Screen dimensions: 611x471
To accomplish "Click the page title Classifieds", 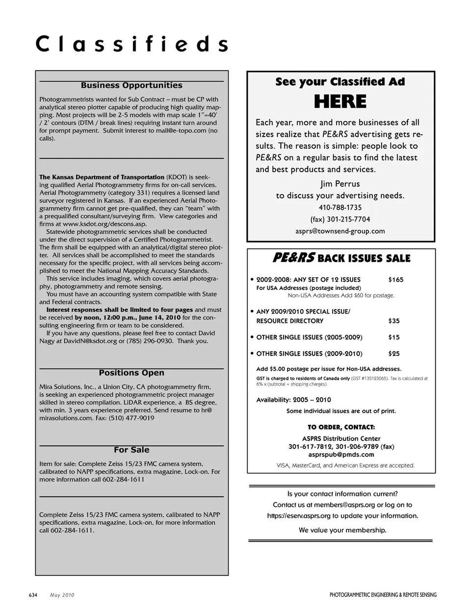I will click(131, 44).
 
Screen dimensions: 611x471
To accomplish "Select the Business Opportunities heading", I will click(131, 85).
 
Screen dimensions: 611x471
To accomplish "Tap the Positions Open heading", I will click(131, 373).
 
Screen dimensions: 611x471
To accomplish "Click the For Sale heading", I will click(131, 450).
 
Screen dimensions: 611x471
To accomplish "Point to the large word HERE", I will click(340, 102).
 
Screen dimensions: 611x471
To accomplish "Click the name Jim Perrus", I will click(340, 184).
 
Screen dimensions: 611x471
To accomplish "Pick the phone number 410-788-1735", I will click(340, 207).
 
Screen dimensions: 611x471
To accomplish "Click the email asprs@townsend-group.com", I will click(340, 231).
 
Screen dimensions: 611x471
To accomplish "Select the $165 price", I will click(395, 280).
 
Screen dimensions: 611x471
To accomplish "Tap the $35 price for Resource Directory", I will click(393, 321).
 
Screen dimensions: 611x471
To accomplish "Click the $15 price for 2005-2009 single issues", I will click(393, 337).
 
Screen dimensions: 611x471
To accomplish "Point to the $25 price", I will click(393, 353).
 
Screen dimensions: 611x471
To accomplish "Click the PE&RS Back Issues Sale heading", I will click(341, 258).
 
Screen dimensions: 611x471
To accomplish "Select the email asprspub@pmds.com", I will click(341, 454).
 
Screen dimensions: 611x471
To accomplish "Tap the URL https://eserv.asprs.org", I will click(299, 516).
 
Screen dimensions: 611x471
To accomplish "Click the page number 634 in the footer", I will click(33, 595).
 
